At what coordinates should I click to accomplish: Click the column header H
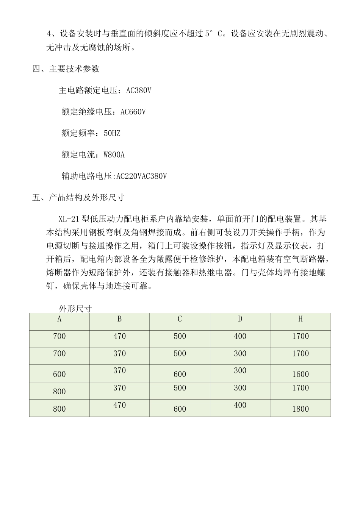[300, 319]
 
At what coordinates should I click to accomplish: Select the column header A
[59, 319]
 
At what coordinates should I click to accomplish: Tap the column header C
[180, 319]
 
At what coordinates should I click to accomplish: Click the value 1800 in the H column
[300, 409]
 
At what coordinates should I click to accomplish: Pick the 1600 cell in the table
[300, 374]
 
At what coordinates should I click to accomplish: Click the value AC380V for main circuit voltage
[139, 91]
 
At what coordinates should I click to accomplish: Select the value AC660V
[133, 112]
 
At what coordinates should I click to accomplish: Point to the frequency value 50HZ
[112, 133]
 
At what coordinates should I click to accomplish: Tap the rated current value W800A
[114, 155]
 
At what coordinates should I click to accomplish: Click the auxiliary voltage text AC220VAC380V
[141, 176]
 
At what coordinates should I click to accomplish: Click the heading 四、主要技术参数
[66, 69]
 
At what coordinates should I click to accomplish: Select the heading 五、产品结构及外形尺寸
[78, 197]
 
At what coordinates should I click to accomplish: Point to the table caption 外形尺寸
[75, 309]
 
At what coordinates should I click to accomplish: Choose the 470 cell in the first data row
[119, 336]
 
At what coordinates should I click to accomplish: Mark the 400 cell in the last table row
[240, 405]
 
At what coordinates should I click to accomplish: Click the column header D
[240, 319]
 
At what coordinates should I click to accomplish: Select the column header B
[119, 319]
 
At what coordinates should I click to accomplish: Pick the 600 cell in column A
[59, 374]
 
